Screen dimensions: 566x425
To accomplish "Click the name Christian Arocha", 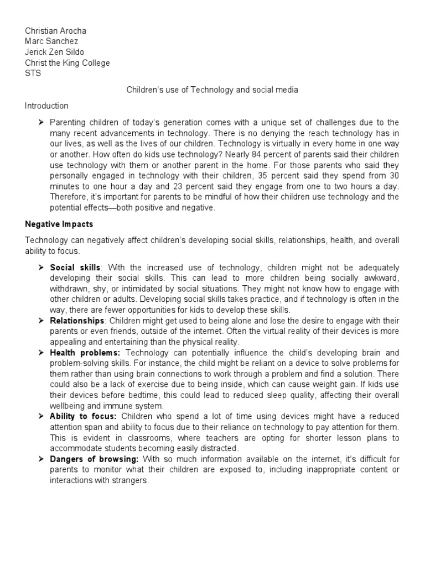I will pos(56,31).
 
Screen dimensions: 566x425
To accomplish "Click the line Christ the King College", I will pos(68,62).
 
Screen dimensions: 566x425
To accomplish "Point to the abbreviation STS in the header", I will pos(33,73).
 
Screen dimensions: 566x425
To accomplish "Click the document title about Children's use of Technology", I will pos(212,90).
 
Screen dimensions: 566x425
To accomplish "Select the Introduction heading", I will pos(46,106).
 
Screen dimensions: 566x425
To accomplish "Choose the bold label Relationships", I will pos(77,321).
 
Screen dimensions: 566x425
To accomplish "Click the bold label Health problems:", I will pos(85,353).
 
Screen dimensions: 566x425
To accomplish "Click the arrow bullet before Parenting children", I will pos(41,122).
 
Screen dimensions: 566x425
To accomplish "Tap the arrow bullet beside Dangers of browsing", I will pos(41,459).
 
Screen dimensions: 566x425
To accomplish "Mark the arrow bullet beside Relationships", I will pos(41,321).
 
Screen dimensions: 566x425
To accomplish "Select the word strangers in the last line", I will pos(132,480).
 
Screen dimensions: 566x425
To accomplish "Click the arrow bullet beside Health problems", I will pos(41,353).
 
